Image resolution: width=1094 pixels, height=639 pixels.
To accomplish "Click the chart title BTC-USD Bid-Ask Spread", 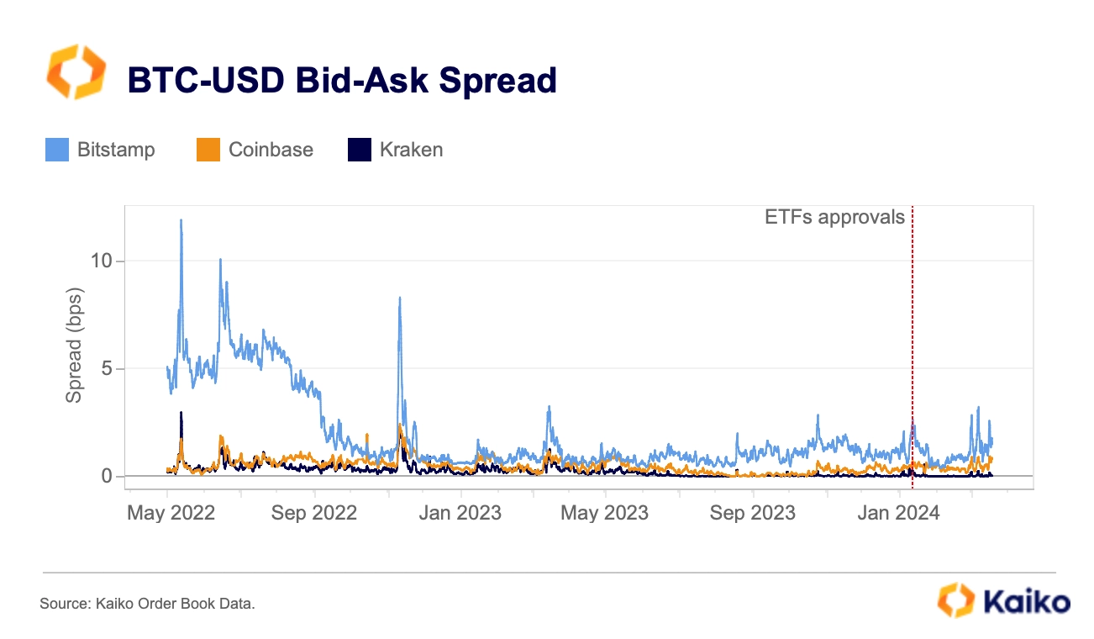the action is (x=342, y=80).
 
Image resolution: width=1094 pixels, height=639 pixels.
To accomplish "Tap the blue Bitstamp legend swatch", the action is (x=57, y=150).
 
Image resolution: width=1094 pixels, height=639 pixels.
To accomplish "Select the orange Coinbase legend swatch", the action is (x=208, y=150).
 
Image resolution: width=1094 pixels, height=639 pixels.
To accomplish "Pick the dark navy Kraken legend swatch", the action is (x=360, y=150).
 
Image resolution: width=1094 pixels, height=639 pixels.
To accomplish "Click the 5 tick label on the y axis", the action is (x=107, y=368).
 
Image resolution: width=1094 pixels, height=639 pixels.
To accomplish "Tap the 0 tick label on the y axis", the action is (x=107, y=476).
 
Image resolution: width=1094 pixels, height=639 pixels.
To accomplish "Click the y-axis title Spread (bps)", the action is (x=74, y=345).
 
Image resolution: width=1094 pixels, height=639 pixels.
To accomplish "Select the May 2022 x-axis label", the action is (x=171, y=513).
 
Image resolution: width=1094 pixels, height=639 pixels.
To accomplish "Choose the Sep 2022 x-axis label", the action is (x=314, y=513).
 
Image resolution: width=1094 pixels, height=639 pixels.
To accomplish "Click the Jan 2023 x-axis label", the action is (x=460, y=513).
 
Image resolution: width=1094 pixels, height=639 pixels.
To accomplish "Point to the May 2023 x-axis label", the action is (x=605, y=513).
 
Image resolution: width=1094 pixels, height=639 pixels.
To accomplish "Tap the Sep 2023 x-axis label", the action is (x=753, y=513).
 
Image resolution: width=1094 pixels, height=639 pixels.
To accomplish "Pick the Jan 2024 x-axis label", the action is (x=899, y=513).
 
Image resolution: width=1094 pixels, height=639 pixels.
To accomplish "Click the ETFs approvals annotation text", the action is (x=834, y=218).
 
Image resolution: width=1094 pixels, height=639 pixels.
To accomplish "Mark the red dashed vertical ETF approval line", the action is (x=913, y=347).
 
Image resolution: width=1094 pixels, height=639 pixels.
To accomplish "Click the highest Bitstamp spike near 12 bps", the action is (x=181, y=220).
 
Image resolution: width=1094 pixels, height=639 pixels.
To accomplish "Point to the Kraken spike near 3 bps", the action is (x=181, y=413).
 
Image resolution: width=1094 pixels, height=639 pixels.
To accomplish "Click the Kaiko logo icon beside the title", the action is (x=76, y=71).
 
